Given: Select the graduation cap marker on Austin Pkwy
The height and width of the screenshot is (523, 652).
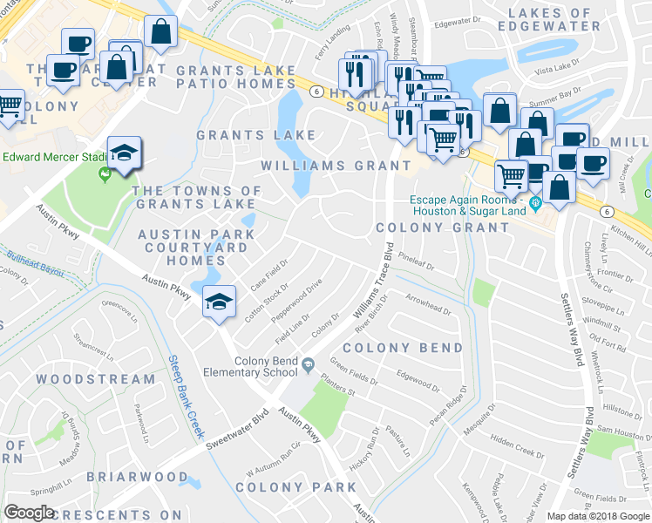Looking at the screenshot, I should coord(218,302).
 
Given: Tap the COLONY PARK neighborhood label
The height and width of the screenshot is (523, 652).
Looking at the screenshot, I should coord(290,487).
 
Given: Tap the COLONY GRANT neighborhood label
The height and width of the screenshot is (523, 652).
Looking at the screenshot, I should coord(443,228).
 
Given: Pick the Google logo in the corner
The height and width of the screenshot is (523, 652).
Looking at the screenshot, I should coord(30,513).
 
